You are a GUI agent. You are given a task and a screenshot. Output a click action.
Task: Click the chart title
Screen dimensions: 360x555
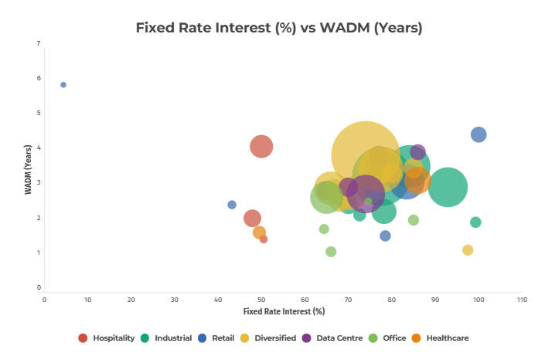pyautogui.click(x=279, y=28)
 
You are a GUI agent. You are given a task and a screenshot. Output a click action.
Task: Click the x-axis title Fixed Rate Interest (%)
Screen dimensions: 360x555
pyautogui.click(x=284, y=311)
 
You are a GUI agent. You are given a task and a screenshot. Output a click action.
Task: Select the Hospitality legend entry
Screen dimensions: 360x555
pyautogui.click(x=114, y=338)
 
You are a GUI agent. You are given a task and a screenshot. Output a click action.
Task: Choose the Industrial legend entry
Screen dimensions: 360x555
pyautogui.click(x=173, y=338)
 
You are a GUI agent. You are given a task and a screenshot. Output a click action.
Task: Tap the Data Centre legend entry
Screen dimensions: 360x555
pyautogui.click(x=341, y=338)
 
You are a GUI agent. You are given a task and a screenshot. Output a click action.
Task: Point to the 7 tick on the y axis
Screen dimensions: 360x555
pyautogui.click(x=38, y=43)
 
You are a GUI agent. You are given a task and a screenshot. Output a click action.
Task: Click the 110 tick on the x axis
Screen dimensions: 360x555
pyautogui.click(x=522, y=300)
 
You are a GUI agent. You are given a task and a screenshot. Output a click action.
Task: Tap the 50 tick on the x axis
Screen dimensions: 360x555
pyautogui.click(x=261, y=300)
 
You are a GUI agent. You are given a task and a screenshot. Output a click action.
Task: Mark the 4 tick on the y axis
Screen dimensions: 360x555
pyautogui.click(x=38, y=148)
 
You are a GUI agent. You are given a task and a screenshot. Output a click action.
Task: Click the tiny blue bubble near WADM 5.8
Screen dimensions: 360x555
pyautogui.click(x=63, y=85)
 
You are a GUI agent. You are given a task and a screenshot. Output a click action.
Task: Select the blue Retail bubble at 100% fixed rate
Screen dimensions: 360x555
pyautogui.click(x=478, y=134)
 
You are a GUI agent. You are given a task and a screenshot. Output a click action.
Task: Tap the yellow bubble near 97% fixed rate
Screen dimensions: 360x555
pyautogui.click(x=468, y=250)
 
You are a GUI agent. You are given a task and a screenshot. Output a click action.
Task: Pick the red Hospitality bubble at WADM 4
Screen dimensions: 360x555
pyautogui.click(x=262, y=146)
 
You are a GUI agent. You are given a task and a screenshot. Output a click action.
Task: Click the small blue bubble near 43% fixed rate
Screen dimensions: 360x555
pyautogui.click(x=232, y=205)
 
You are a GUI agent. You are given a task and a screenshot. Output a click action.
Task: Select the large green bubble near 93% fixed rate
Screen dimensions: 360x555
pyautogui.click(x=448, y=186)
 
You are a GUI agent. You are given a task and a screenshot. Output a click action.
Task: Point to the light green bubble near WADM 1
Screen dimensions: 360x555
pyautogui.click(x=331, y=252)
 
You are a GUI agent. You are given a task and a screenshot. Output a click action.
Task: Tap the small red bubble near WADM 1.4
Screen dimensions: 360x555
pyautogui.click(x=264, y=239)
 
